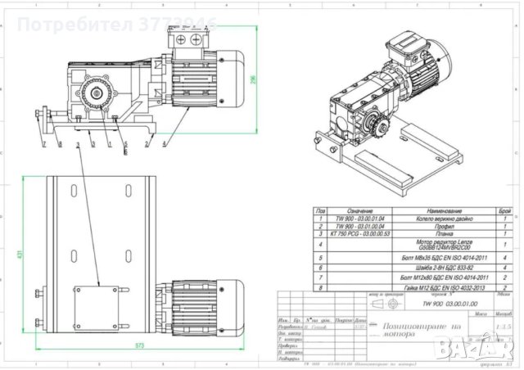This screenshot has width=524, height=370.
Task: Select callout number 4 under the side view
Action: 165,144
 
